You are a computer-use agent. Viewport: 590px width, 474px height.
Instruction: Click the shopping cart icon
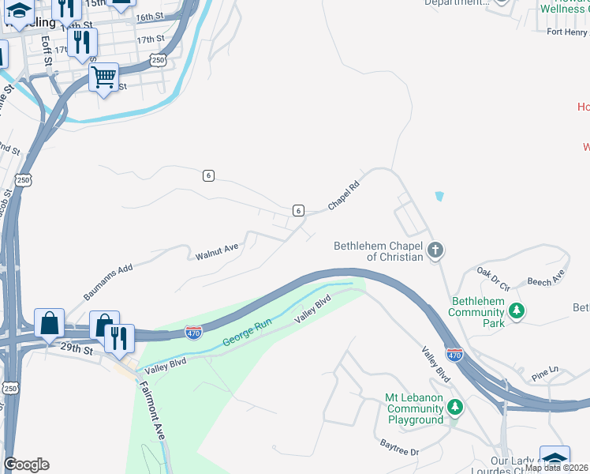point(103,78)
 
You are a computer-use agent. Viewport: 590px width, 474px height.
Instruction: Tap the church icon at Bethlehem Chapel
point(435,251)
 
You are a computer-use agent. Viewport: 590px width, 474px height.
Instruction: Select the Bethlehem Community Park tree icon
point(517,310)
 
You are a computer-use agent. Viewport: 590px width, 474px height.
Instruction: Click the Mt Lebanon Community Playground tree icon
point(454,408)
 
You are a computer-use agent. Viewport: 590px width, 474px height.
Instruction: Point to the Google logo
point(27,465)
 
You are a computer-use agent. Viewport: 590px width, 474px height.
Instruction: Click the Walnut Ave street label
point(217,251)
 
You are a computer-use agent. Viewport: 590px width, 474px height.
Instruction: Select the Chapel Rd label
point(344,196)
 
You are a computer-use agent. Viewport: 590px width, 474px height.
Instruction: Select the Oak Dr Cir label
point(494,273)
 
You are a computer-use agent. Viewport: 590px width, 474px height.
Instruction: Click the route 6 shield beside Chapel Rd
point(297,210)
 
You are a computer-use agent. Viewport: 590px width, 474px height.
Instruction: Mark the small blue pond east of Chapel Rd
point(439,195)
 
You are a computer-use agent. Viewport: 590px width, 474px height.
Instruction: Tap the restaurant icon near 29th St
point(119,337)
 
